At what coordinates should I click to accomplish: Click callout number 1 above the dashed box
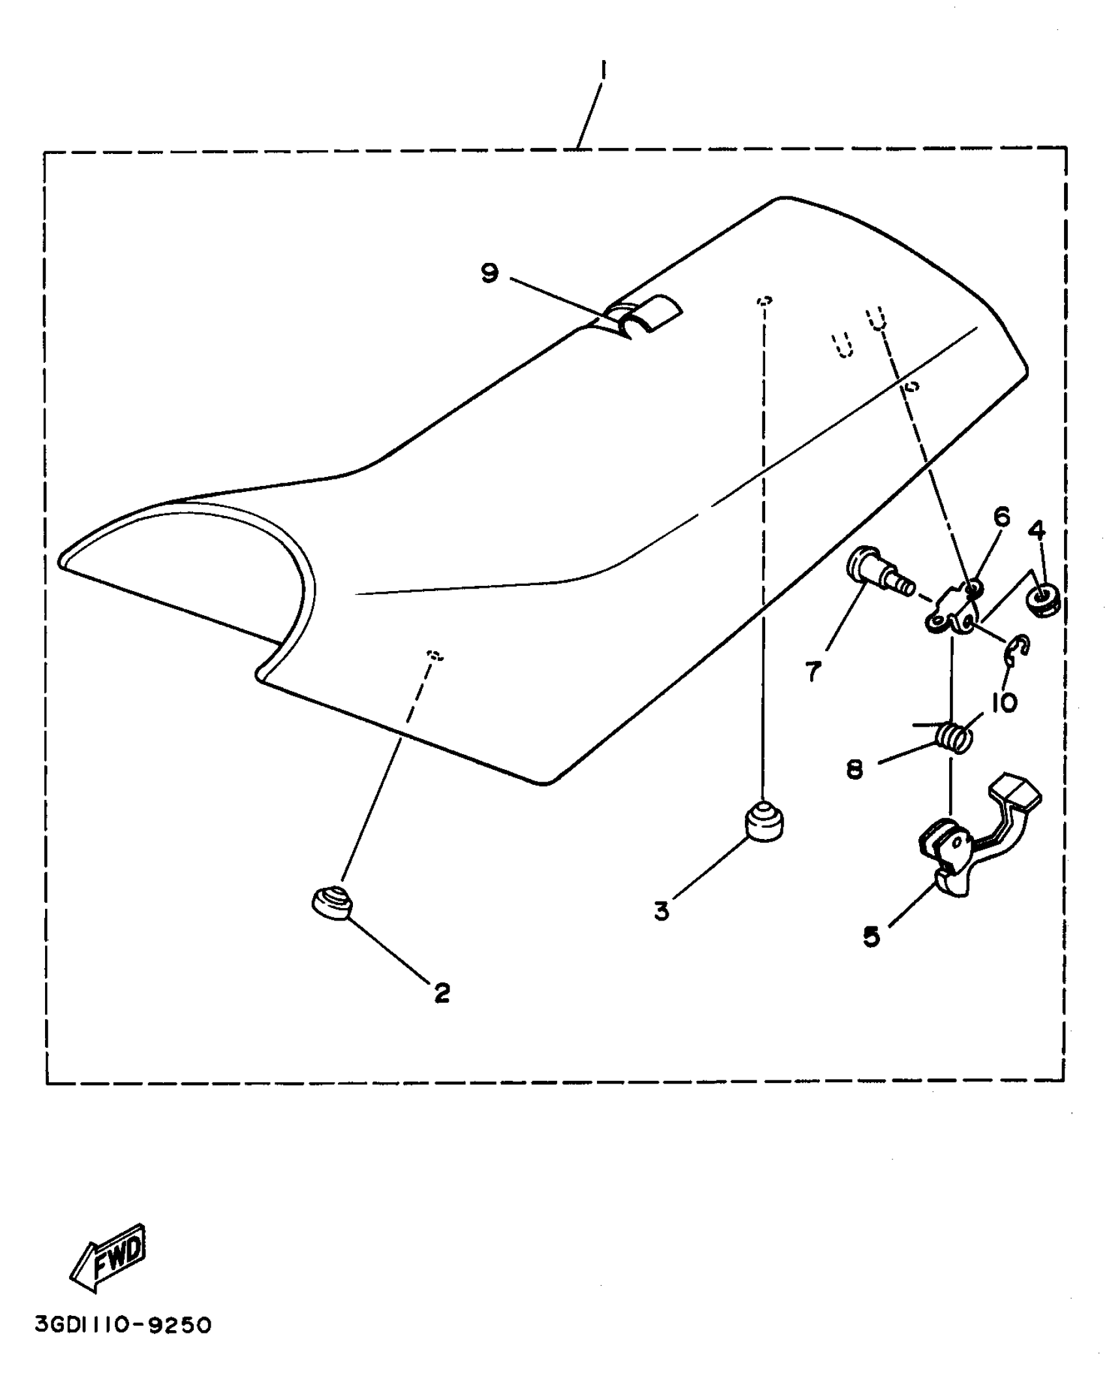point(603,70)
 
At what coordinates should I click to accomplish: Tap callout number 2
point(442,993)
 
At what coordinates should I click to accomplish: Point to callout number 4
point(1037,530)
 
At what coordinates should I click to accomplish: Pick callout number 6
point(1001,517)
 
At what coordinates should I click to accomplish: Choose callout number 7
point(813,671)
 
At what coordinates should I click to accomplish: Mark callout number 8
point(855,770)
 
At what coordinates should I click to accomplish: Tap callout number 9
point(489,273)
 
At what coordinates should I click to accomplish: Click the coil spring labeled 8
point(954,738)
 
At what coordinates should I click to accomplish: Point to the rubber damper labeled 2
point(331,903)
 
